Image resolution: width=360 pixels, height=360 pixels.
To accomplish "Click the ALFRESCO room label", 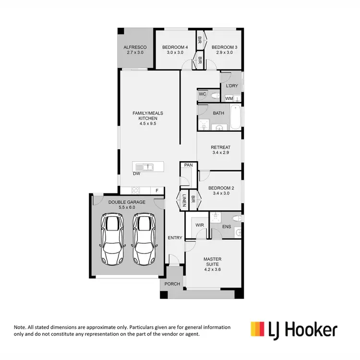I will [x=135, y=47].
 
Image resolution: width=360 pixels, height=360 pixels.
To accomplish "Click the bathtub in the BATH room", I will [x=235, y=119].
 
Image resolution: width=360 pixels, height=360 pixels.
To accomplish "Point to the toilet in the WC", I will [x=212, y=95].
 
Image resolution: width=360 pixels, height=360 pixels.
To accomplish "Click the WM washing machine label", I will [x=229, y=98].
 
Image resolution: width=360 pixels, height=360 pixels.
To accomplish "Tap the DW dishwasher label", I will [x=137, y=174].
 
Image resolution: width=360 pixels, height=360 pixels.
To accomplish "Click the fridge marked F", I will [x=156, y=191].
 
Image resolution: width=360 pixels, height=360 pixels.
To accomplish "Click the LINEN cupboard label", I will [x=184, y=201].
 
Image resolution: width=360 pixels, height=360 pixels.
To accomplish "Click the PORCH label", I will [x=172, y=284].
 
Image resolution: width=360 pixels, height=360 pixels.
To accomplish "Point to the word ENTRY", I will [x=175, y=238].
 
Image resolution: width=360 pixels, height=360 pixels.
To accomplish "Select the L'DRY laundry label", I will [x=231, y=86].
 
